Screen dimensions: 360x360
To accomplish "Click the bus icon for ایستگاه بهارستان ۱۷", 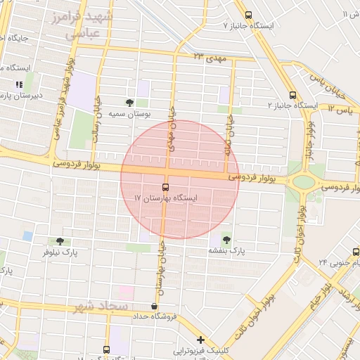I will point(165,187).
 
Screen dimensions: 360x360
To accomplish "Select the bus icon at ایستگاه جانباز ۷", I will point(247,15).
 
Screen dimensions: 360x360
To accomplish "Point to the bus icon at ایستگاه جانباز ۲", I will point(292,96).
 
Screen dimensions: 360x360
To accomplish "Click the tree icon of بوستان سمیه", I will point(129,103).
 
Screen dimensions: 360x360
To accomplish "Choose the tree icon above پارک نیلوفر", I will point(68,241).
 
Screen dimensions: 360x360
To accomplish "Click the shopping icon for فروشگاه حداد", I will point(154,306).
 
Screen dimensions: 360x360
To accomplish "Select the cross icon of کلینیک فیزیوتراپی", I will point(201,340).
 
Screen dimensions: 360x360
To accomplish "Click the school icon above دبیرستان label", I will point(19,84).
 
